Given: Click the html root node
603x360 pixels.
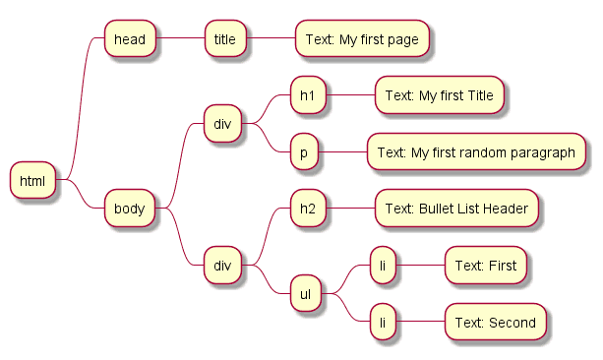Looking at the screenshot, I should click(x=33, y=180).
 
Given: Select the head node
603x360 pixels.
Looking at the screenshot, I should click(x=131, y=39).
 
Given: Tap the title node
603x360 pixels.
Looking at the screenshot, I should click(x=225, y=39).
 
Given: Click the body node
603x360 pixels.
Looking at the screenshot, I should click(x=130, y=209).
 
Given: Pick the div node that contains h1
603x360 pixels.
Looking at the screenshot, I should click(x=222, y=124).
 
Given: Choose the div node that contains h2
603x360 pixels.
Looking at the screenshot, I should click(x=222, y=265).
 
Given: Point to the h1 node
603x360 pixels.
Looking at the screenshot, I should click(x=307, y=95).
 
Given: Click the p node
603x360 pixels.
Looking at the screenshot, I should click(x=305, y=152).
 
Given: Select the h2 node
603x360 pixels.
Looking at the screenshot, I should click(x=307, y=209).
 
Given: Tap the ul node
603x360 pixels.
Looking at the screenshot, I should click(x=306, y=293).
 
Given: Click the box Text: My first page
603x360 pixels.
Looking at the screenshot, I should click(x=362, y=39).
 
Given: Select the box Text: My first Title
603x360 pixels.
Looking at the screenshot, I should click(x=440, y=95).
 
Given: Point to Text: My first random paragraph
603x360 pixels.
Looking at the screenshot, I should click(x=476, y=152).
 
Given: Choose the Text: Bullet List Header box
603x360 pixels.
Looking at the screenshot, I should click(x=457, y=209).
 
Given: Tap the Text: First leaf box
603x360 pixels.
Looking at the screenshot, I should click(x=486, y=266).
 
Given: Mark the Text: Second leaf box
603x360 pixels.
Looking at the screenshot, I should click(x=495, y=322).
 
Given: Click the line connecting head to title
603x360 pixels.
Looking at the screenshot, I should click(x=181, y=39).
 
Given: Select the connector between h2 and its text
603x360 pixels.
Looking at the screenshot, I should click(x=349, y=209).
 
